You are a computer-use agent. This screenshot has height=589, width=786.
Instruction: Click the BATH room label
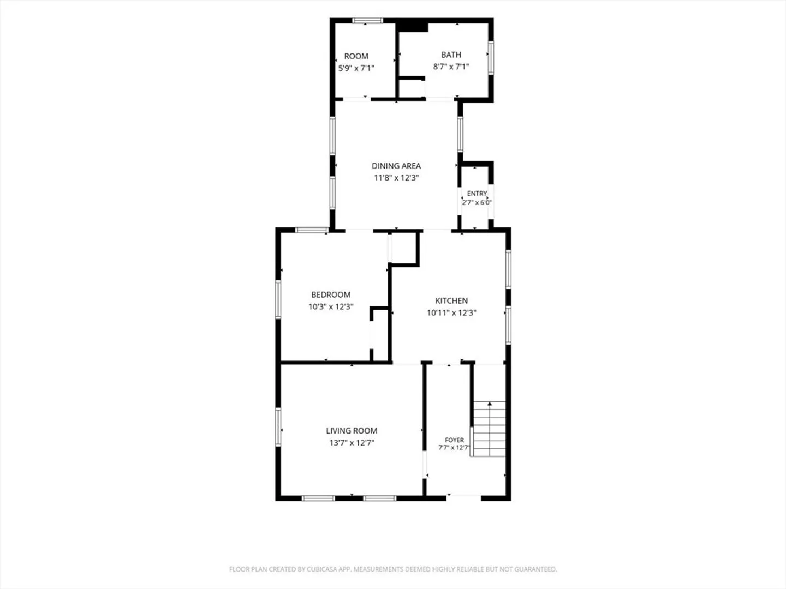[x=451, y=55]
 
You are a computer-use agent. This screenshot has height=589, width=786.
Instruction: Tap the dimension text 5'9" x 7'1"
[x=356, y=68]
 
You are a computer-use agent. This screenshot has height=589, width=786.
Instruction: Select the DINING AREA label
[x=396, y=166]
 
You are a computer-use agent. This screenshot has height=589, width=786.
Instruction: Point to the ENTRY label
[x=477, y=194]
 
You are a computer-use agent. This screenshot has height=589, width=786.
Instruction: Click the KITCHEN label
[x=451, y=300]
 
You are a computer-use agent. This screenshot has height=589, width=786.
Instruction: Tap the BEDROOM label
[x=331, y=294]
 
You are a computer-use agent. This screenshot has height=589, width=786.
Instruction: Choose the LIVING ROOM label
[x=352, y=431]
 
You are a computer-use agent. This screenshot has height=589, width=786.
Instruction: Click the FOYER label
[x=454, y=440]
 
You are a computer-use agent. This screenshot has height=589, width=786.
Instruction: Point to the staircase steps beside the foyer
[x=489, y=429]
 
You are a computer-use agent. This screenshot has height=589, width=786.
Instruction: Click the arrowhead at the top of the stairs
[x=490, y=404]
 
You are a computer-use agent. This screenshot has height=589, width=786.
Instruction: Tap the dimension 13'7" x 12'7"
[x=352, y=443]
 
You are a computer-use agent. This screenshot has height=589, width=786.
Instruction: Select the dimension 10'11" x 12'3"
[x=451, y=313]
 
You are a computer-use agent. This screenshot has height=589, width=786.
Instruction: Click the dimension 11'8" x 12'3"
[x=396, y=178]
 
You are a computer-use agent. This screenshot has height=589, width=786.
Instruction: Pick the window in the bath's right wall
[x=491, y=58]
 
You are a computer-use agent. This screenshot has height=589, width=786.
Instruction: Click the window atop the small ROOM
[x=367, y=21]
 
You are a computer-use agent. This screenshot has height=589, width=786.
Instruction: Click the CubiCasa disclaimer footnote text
[x=393, y=569]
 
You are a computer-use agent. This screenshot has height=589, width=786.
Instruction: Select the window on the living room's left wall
[x=278, y=427]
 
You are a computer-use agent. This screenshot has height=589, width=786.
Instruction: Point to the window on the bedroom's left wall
[x=278, y=300]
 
